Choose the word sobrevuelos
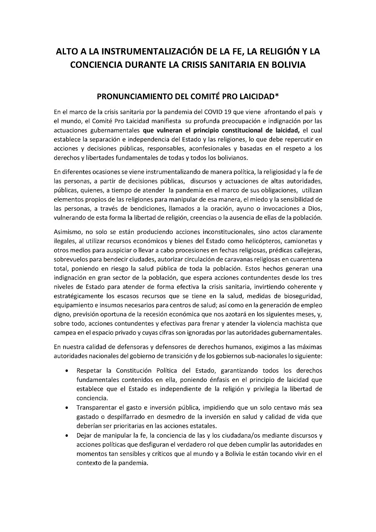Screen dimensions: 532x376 [71, 260]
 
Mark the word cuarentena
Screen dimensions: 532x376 [305, 260]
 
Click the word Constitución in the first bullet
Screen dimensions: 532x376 [135, 370]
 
